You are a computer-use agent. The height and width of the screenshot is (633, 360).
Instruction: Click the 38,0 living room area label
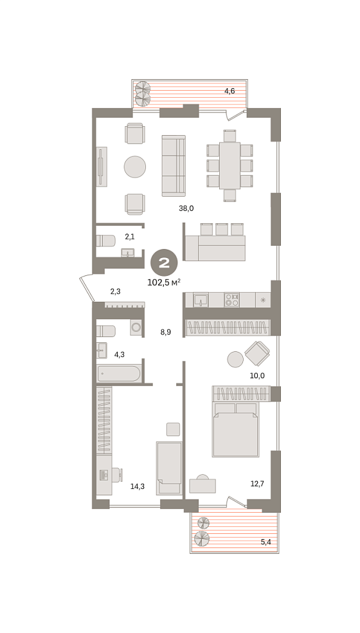(x=186, y=208)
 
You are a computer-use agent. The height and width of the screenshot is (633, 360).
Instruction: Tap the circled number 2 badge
(x=164, y=263)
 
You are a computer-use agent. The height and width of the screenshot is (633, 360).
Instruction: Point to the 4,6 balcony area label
(x=230, y=91)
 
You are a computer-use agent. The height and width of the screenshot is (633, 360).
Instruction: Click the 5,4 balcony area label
(x=265, y=542)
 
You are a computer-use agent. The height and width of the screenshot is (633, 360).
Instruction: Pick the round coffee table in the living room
(x=135, y=167)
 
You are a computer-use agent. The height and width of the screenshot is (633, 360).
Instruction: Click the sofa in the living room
(x=174, y=166)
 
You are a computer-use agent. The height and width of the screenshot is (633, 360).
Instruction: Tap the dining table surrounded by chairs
(x=230, y=165)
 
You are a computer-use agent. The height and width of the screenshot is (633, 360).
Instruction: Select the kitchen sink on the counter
(x=201, y=300)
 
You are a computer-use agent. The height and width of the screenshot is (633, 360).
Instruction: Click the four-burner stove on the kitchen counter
(x=232, y=300)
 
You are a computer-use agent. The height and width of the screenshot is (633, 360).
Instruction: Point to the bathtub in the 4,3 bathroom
(x=119, y=373)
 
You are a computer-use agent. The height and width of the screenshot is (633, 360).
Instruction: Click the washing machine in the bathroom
(x=136, y=327)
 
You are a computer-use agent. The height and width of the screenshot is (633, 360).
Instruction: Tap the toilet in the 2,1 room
(x=105, y=241)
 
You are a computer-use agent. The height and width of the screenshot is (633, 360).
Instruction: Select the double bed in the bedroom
(x=235, y=430)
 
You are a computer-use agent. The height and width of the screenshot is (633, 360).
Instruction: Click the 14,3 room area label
(x=137, y=486)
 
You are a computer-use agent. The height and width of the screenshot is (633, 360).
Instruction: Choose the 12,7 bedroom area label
(x=257, y=484)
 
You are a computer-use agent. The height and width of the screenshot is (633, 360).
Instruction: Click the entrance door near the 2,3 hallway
(x=87, y=288)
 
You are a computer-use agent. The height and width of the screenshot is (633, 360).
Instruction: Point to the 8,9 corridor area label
(x=166, y=333)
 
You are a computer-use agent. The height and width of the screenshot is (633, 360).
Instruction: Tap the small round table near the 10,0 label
(x=235, y=359)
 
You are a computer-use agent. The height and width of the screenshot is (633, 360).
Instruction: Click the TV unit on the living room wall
(x=102, y=167)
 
